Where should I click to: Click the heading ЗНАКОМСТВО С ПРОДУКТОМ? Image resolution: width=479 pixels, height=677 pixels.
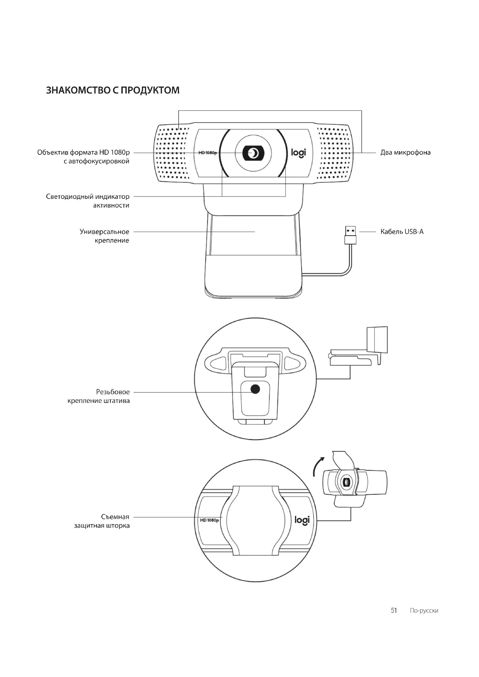coord(113,90)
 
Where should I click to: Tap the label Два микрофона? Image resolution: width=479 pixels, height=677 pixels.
coord(405,153)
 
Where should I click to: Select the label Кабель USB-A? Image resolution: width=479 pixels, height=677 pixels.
coord(402,232)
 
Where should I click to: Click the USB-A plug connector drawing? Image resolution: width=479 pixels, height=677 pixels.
coord(350,235)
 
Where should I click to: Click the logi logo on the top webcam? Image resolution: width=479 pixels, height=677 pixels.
coord(299,153)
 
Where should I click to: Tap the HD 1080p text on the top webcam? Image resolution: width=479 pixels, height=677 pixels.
coord(208,153)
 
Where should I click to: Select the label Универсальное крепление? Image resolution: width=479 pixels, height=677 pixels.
coord(105,236)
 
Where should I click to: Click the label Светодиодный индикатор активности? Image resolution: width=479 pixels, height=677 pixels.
coord(87,201)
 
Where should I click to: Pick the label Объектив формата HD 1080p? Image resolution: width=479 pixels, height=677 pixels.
coord(83,157)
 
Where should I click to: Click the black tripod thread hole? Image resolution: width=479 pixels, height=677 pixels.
coord(255,389)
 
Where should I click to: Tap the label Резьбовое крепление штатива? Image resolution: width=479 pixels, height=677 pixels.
coord(99,396)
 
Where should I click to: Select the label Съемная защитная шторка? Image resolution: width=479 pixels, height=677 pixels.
coord(102,521)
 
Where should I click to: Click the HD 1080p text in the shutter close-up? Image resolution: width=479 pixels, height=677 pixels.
coord(209,520)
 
